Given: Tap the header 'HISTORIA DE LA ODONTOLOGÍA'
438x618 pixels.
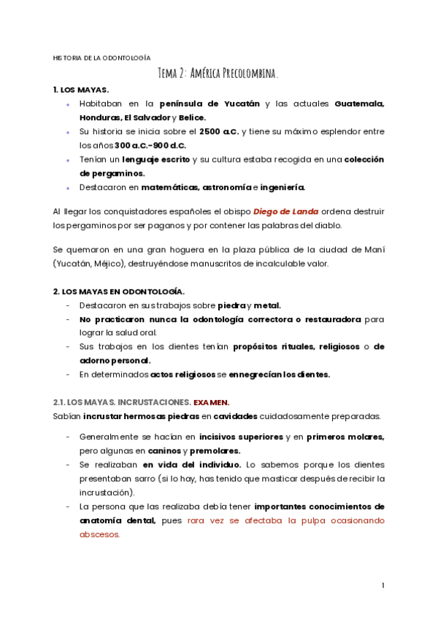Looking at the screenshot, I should [101, 57].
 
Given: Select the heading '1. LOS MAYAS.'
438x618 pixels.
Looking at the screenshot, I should [81, 90].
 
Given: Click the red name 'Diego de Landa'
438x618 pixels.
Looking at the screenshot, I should [286, 211].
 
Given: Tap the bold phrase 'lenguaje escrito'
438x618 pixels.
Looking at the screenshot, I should [155, 159].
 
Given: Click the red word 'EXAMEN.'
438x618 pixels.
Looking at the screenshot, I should [211, 402].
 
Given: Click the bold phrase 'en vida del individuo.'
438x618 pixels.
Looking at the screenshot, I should [192, 464].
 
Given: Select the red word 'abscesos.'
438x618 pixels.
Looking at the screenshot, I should [99, 533].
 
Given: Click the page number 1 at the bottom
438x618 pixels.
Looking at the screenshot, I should [383, 585].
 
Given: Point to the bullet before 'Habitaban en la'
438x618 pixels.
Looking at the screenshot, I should [69, 104].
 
